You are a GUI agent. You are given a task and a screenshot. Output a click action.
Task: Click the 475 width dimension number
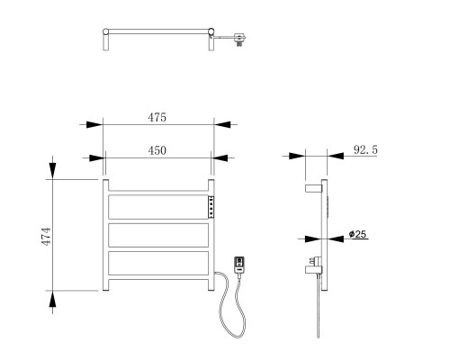[157, 117]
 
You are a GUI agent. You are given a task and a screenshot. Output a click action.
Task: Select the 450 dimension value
[157, 150]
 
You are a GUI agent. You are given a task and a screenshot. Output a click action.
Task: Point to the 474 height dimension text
[46, 237]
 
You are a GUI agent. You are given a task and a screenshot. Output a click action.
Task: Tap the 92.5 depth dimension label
[365, 149]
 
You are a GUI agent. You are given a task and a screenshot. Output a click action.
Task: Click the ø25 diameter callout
[357, 234]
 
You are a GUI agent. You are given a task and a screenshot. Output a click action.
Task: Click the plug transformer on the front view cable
[239, 265]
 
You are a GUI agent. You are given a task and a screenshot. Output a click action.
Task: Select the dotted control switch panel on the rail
[211, 207]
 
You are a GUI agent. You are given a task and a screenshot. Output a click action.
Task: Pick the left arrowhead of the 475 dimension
[94, 124]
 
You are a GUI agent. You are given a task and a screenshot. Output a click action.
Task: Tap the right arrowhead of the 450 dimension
[220, 157]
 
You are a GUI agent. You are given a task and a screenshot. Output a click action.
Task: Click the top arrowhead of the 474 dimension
[53, 171]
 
